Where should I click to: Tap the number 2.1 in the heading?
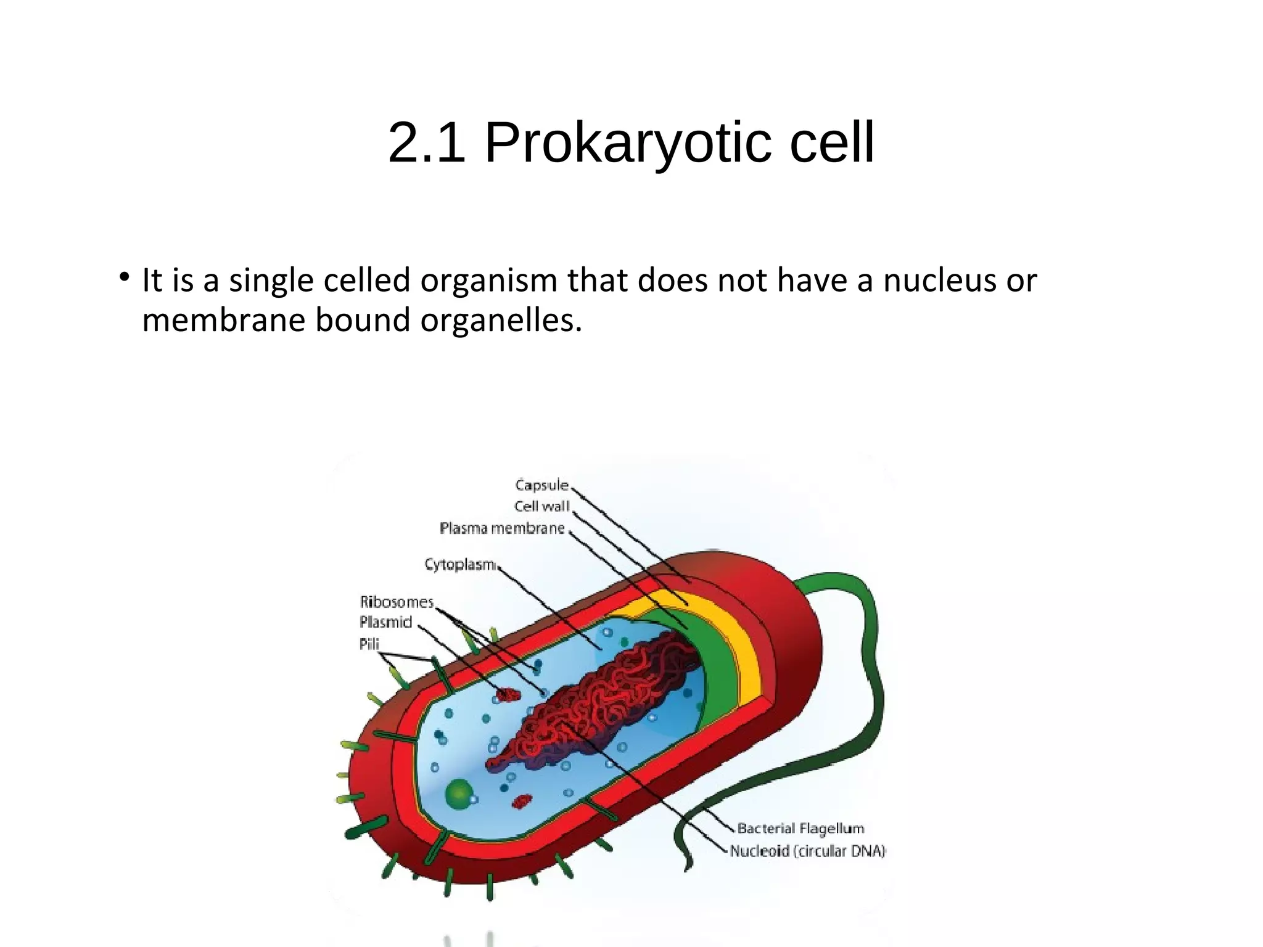[x=426, y=143]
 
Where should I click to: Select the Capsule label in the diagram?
[x=541, y=485]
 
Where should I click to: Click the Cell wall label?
[x=541, y=506]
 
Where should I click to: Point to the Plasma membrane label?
[x=502, y=528]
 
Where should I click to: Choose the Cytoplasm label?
[x=459, y=564]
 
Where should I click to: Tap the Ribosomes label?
[x=397, y=602]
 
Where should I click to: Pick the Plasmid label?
[x=385, y=622]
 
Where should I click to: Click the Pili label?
[x=369, y=644]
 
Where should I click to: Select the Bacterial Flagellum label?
[x=800, y=828]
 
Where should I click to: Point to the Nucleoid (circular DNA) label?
[x=807, y=851]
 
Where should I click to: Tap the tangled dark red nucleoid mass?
[x=604, y=697]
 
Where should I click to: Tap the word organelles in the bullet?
[x=501, y=321]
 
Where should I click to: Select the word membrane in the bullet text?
[x=223, y=321]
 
